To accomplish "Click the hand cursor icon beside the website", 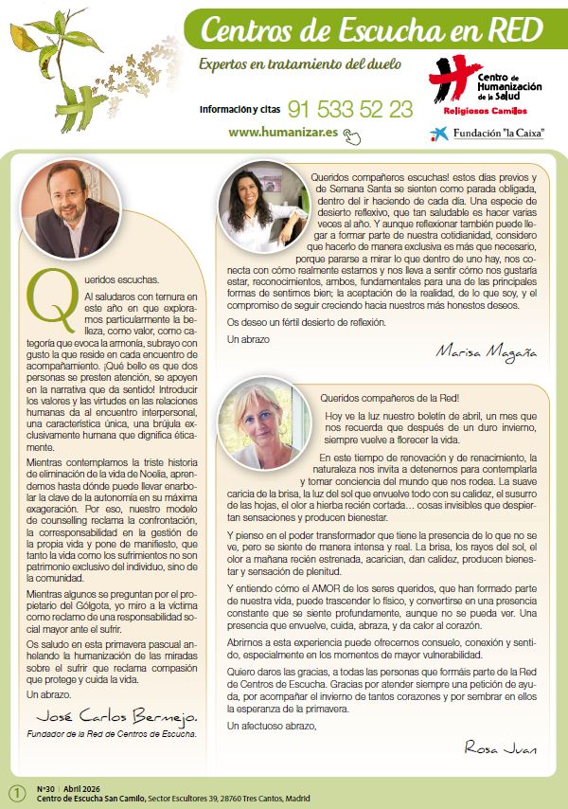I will click(352, 135).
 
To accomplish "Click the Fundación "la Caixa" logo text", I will click(503, 133).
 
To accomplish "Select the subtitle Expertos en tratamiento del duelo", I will click(300, 64).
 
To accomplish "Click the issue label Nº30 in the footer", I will click(44, 788).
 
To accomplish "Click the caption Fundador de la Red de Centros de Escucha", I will click(113, 733).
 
